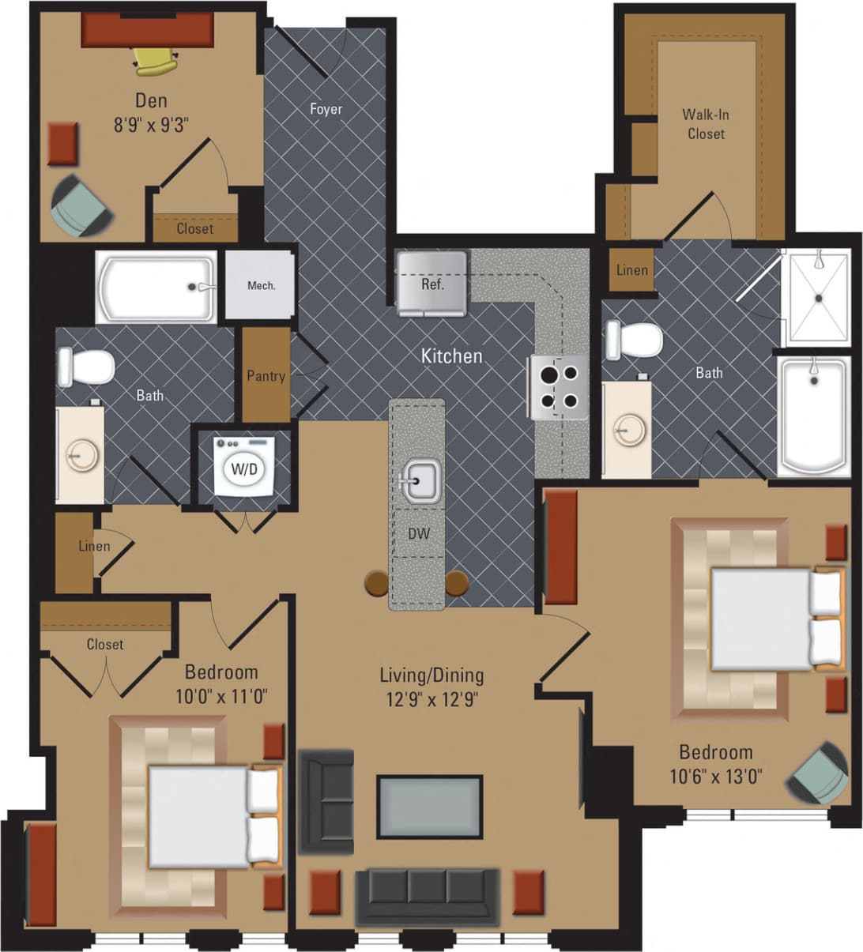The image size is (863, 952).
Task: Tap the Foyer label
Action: [326, 109]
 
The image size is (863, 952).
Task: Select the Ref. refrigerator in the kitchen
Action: [431, 283]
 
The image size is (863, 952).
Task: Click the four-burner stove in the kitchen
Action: [559, 387]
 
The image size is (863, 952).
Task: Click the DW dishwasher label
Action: [418, 534]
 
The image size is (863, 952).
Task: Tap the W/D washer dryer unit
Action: [244, 468]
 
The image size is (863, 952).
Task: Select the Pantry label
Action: [266, 376]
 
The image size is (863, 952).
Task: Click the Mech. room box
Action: [261, 285]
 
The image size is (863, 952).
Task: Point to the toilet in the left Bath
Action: [86, 367]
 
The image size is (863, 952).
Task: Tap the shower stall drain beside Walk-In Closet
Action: [819, 298]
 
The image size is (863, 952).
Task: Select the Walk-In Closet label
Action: [706, 124]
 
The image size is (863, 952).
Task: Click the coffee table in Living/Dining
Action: [429, 807]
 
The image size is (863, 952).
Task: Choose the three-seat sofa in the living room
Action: [428, 895]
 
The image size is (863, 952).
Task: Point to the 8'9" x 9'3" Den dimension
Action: [152, 124]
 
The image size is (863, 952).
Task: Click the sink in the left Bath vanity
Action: [77, 457]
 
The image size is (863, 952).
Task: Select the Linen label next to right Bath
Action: [631, 270]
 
